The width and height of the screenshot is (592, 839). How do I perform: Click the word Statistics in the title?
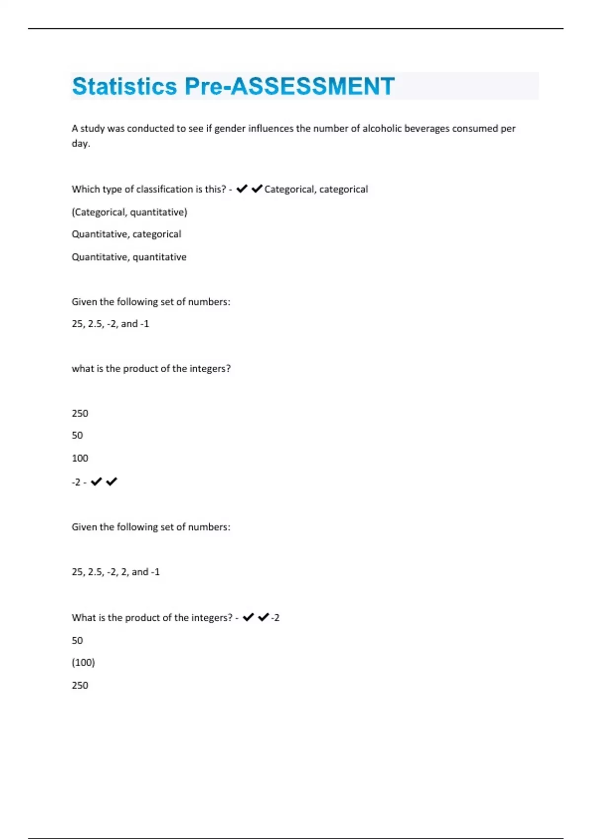(x=124, y=86)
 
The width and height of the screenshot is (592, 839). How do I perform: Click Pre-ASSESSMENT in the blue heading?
(x=290, y=86)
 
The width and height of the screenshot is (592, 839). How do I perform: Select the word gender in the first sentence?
(x=229, y=129)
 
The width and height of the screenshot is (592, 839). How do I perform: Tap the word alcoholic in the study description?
(x=382, y=129)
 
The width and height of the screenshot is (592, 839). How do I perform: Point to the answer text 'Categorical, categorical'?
(x=316, y=190)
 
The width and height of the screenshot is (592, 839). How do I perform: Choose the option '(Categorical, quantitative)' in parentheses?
(x=129, y=212)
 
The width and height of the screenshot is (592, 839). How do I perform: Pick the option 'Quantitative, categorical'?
(x=126, y=234)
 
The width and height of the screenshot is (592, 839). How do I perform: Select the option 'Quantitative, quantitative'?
(x=129, y=257)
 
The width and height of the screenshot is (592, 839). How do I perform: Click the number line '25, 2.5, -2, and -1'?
(x=110, y=324)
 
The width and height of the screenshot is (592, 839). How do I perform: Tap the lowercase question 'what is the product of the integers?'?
(x=151, y=369)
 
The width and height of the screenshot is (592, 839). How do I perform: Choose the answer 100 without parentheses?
(x=80, y=458)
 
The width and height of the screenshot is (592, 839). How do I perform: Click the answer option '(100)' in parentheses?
(x=83, y=663)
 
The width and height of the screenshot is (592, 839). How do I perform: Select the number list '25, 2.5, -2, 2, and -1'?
(x=115, y=572)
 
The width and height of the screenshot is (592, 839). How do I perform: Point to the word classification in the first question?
(x=164, y=190)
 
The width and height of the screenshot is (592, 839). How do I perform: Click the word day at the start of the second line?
(x=80, y=144)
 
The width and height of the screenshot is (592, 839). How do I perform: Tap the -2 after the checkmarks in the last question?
(x=275, y=618)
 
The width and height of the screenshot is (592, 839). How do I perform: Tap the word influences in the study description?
(x=270, y=129)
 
